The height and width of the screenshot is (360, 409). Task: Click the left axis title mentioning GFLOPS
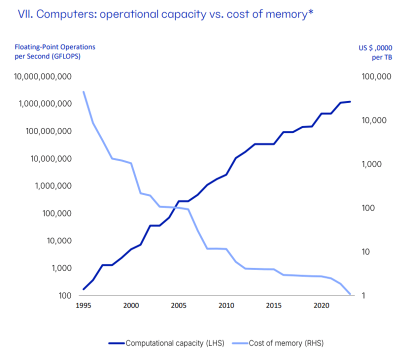pyautogui.click(x=55, y=51)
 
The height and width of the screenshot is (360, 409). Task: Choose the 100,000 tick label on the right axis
pyautogui.click(x=375, y=76)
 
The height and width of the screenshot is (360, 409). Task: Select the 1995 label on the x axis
pyautogui.click(x=83, y=305)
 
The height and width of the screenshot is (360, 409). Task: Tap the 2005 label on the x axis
pyautogui.click(x=179, y=305)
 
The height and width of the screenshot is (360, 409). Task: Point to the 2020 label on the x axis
pyautogui.click(x=321, y=305)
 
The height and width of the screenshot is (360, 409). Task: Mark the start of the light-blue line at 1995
pyautogui.click(x=83, y=92)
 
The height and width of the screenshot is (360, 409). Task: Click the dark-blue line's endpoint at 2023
pyautogui.click(x=350, y=101)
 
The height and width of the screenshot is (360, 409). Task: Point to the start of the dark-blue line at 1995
pyautogui.click(x=83, y=289)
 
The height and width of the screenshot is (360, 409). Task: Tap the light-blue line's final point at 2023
pyautogui.click(x=350, y=294)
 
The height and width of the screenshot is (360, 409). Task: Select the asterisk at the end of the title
pyautogui.click(x=311, y=11)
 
